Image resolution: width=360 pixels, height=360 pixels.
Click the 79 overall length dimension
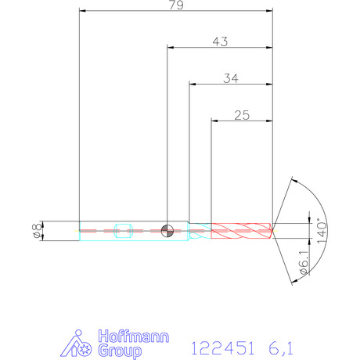[176, 5]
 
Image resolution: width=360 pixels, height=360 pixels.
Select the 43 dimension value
[220, 41]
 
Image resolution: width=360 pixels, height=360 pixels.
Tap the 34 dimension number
[231, 78]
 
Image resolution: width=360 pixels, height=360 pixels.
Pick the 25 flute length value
[242, 115]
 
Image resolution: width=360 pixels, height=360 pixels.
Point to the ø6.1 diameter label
[304, 262]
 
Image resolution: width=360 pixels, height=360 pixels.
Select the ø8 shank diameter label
[38, 230]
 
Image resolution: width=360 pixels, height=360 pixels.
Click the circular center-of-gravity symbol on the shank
[167, 231]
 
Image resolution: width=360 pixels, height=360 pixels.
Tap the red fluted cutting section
[242, 231]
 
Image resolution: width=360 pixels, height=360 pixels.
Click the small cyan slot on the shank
[124, 231]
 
